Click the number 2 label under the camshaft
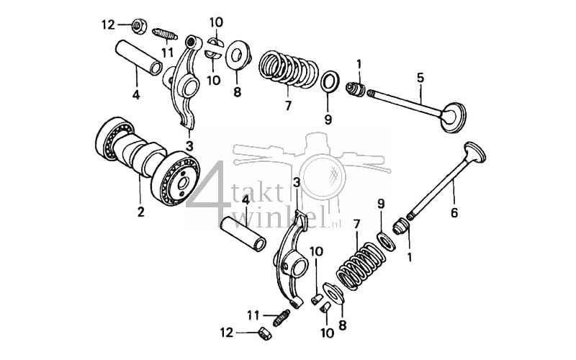pos(140,212)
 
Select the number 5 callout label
pos(420,77)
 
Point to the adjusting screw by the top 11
pos(166,35)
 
